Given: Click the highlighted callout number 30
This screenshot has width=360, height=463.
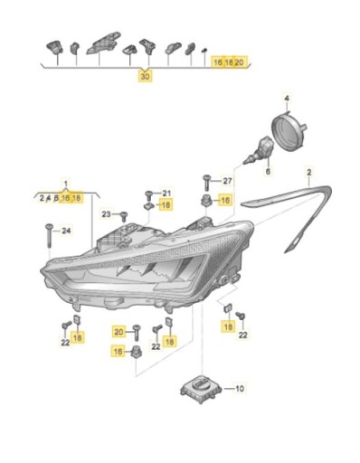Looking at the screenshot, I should click(146, 79).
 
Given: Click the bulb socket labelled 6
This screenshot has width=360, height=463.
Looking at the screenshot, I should click(263, 146).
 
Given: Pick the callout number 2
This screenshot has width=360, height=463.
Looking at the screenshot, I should click(308, 172).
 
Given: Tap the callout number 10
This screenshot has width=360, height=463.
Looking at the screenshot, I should click(240, 389).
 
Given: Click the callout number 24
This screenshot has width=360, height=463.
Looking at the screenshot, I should click(64, 231).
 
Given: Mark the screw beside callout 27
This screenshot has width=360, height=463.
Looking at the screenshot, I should click(207, 181).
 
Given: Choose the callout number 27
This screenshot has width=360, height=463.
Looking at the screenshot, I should click(227, 181).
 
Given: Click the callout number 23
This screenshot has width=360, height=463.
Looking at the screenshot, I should click(106, 214).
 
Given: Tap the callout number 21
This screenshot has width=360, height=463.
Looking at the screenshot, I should click(165, 194).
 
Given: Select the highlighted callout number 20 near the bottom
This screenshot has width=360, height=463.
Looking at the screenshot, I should click(118, 331).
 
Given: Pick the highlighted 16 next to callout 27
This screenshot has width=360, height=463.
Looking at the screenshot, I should click(225, 199).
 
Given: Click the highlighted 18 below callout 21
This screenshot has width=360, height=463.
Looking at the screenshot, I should click(165, 205).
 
